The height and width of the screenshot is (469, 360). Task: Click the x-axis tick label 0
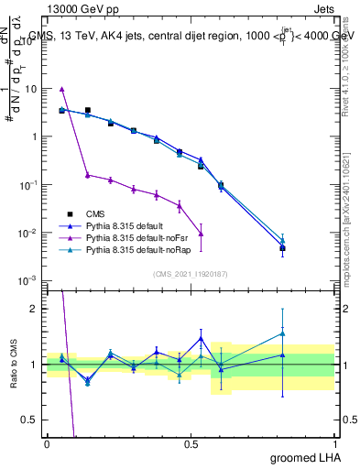[47, 443]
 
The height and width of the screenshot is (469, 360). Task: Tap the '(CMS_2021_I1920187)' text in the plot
[190, 273]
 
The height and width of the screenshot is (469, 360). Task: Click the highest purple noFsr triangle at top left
[61, 89]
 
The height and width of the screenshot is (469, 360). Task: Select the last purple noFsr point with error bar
[201, 234]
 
